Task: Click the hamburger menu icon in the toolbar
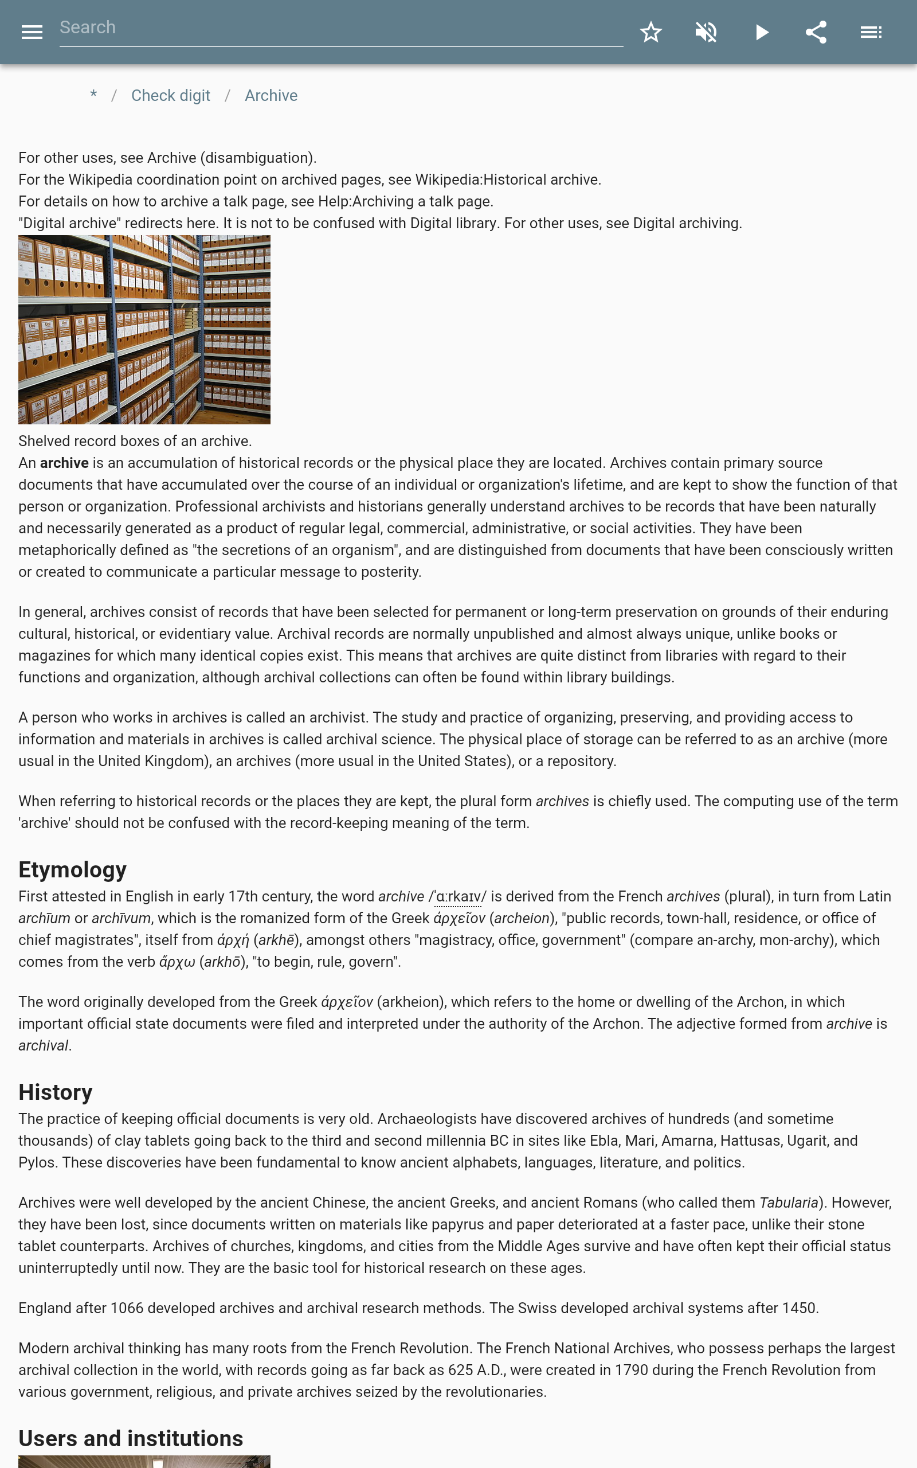pyautogui.click(x=32, y=32)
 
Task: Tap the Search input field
pyautogui.click(x=341, y=28)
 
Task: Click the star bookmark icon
pyautogui.click(x=650, y=32)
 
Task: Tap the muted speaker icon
pyautogui.click(x=706, y=32)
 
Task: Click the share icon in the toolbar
pyautogui.click(x=816, y=32)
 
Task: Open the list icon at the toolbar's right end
pyautogui.click(x=871, y=32)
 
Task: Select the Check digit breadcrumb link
pyautogui.click(x=170, y=96)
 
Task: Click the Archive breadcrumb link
pyautogui.click(x=271, y=96)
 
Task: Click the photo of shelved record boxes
pyautogui.click(x=144, y=329)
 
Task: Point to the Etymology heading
pyautogui.click(x=72, y=869)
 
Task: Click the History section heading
pyautogui.click(x=55, y=1092)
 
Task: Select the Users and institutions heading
pyautogui.click(x=131, y=1438)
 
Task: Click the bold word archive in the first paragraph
pyautogui.click(x=64, y=463)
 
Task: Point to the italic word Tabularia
pyautogui.click(x=789, y=1202)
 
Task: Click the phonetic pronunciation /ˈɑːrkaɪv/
pyautogui.click(x=458, y=897)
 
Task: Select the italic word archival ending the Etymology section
pyautogui.click(x=43, y=1046)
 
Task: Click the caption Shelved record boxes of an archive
pyautogui.click(x=135, y=441)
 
